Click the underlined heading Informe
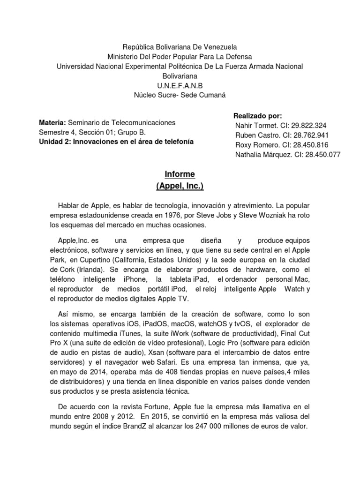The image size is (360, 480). click(x=180, y=174)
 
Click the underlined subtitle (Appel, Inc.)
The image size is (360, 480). click(x=180, y=186)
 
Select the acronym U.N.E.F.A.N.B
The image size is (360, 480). click(x=180, y=85)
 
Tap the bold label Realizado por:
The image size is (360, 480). click(x=257, y=116)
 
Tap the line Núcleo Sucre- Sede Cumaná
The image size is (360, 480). click(x=180, y=95)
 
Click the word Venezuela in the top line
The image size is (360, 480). click(x=220, y=47)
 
